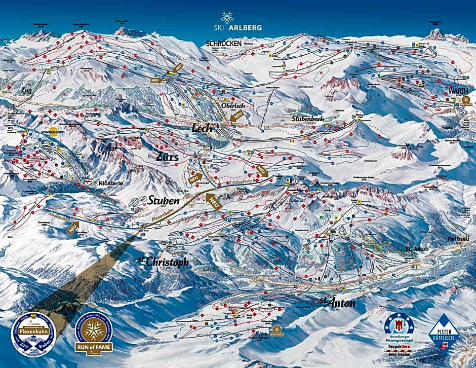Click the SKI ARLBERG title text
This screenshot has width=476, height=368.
coord(237,27)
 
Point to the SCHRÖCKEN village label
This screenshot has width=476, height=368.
coord(223,44)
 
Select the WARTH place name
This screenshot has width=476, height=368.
coord(457,91)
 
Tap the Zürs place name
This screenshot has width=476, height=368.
coord(168,157)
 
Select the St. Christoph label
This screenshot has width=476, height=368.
coord(163,262)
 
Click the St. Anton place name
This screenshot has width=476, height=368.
coord(337,303)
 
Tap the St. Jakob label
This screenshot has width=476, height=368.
coord(417,249)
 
